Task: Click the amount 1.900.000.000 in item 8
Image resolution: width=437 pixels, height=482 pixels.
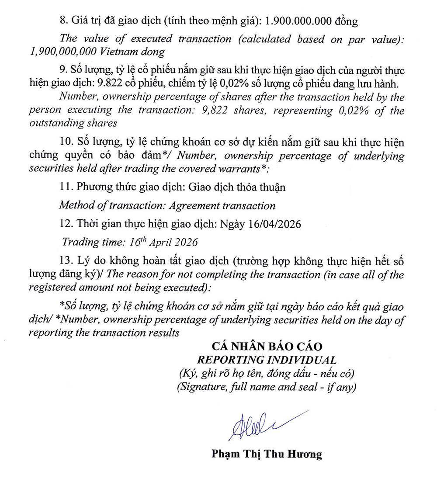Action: (x=302, y=21)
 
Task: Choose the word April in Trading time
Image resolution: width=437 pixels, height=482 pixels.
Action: (x=164, y=242)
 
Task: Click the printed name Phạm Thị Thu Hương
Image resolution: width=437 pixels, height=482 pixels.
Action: (x=267, y=454)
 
